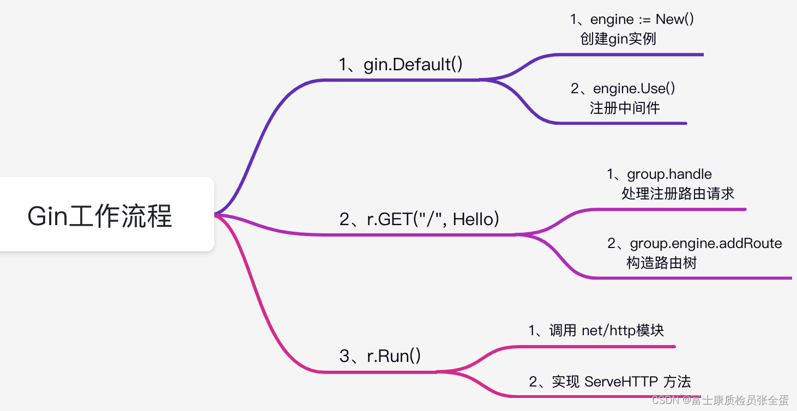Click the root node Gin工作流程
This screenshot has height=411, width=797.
(x=100, y=216)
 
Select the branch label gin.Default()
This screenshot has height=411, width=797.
(x=401, y=64)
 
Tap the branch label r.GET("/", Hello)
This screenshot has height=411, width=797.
(x=419, y=219)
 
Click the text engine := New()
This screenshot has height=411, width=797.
(x=632, y=20)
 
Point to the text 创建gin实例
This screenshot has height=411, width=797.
(x=618, y=39)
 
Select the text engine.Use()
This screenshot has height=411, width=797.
(x=624, y=88)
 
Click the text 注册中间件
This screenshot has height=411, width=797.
(x=625, y=108)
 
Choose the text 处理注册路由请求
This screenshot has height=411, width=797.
(x=678, y=194)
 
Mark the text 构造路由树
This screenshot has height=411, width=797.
(x=661, y=263)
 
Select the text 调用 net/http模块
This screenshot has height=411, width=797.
(x=596, y=330)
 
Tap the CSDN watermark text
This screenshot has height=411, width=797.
(x=720, y=400)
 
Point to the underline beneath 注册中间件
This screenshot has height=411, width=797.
(x=621, y=123)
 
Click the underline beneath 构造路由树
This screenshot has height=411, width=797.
(x=692, y=278)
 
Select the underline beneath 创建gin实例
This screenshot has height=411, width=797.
(x=627, y=55)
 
